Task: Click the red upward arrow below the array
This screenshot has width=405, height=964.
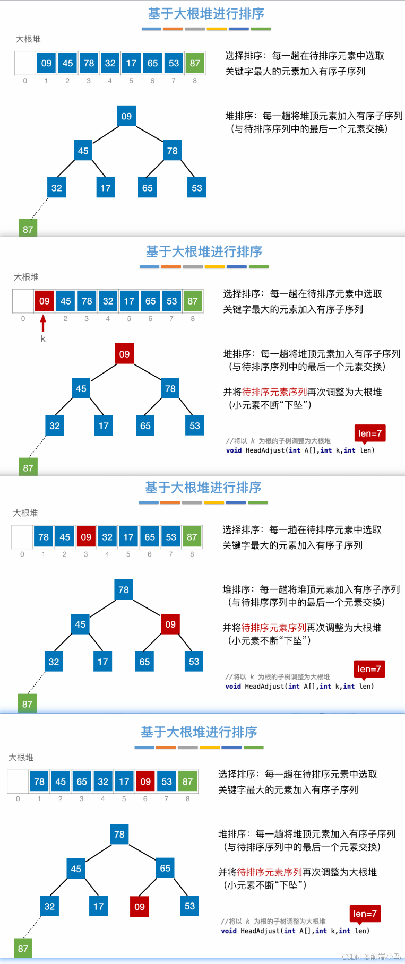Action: (x=43, y=323)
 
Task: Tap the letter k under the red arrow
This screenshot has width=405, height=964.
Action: (x=43, y=338)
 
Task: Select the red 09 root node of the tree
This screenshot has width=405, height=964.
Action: (x=124, y=354)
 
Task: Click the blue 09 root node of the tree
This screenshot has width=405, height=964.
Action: (x=126, y=116)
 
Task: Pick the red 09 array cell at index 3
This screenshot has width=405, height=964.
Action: (x=86, y=537)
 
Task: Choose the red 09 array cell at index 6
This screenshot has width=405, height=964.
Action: (x=145, y=781)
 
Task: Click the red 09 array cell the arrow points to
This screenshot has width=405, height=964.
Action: (x=44, y=301)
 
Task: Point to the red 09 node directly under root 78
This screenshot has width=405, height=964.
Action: (x=170, y=624)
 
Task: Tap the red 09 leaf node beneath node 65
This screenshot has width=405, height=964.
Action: (x=140, y=907)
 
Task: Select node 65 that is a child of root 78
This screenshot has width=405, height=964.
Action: (x=165, y=869)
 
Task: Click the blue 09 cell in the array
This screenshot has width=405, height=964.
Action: (x=46, y=63)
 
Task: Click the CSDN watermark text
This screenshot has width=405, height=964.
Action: (x=371, y=957)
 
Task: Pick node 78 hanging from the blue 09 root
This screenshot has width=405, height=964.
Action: (x=173, y=151)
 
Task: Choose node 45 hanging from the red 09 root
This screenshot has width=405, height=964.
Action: (x=81, y=389)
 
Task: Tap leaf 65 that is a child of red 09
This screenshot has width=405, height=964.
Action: (x=144, y=662)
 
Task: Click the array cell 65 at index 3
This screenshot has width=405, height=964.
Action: (x=82, y=781)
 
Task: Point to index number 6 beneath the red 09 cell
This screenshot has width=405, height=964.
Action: (x=145, y=799)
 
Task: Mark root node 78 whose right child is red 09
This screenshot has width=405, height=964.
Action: (x=124, y=589)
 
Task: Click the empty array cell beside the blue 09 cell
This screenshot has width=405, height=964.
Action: (x=25, y=63)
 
